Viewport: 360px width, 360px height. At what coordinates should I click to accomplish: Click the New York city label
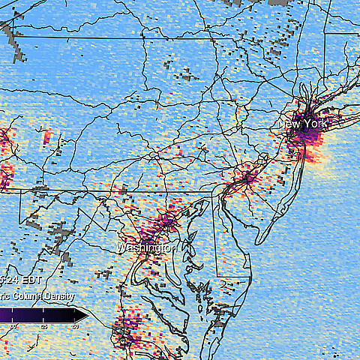tap(303, 124)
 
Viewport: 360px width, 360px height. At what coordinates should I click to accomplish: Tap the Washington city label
tap(146, 247)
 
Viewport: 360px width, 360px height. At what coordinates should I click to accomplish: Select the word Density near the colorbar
tap(57, 297)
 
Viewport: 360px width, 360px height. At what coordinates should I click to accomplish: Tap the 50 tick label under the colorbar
tap(75, 326)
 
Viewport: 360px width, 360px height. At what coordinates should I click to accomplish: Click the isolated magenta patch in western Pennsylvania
tap(48, 137)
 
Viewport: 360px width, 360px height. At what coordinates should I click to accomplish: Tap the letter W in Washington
tap(121, 247)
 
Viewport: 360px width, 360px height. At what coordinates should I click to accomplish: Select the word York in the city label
tap(315, 124)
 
